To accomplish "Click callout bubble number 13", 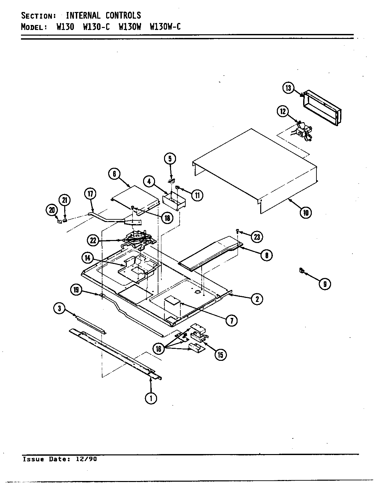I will [x=288, y=88].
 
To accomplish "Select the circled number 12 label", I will [x=283, y=112].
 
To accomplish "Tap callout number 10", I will [x=306, y=212].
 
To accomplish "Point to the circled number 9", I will [x=325, y=284].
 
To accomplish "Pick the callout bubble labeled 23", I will [x=257, y=237].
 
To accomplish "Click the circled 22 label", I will [x=93, y=240].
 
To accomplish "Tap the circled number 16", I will [x=158, y=349].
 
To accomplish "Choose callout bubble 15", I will [x=220, y=355].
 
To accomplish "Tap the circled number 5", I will [x=170, y=159].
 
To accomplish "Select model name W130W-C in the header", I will [x=165, y=27].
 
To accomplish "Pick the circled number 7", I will [x=231, y=320].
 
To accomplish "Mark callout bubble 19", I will [x=76, y=290].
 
